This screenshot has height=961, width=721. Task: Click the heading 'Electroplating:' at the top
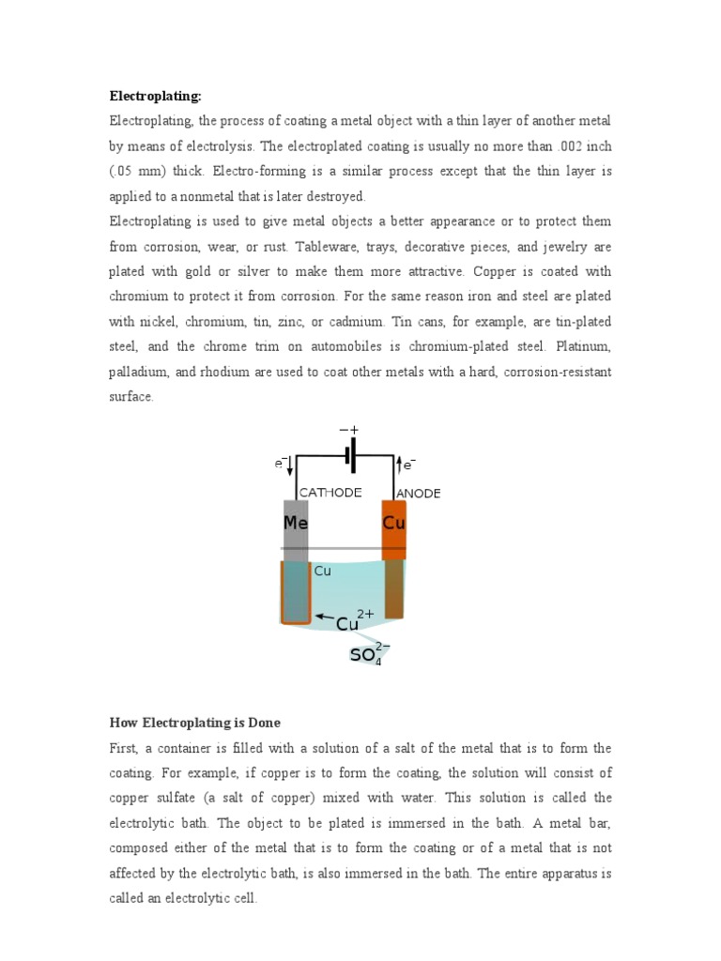156,96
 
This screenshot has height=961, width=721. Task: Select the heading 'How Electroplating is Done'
195,723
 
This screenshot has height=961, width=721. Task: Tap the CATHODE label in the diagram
330,493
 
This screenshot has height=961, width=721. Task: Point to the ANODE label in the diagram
419,494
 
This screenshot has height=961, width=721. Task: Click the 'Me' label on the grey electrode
296,524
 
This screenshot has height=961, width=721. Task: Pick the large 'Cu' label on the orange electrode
394,524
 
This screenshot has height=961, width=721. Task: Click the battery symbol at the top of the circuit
349,458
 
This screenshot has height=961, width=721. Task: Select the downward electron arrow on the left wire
290,465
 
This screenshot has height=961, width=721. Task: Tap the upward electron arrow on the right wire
400,465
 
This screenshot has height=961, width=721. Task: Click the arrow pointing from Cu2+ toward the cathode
324,618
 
